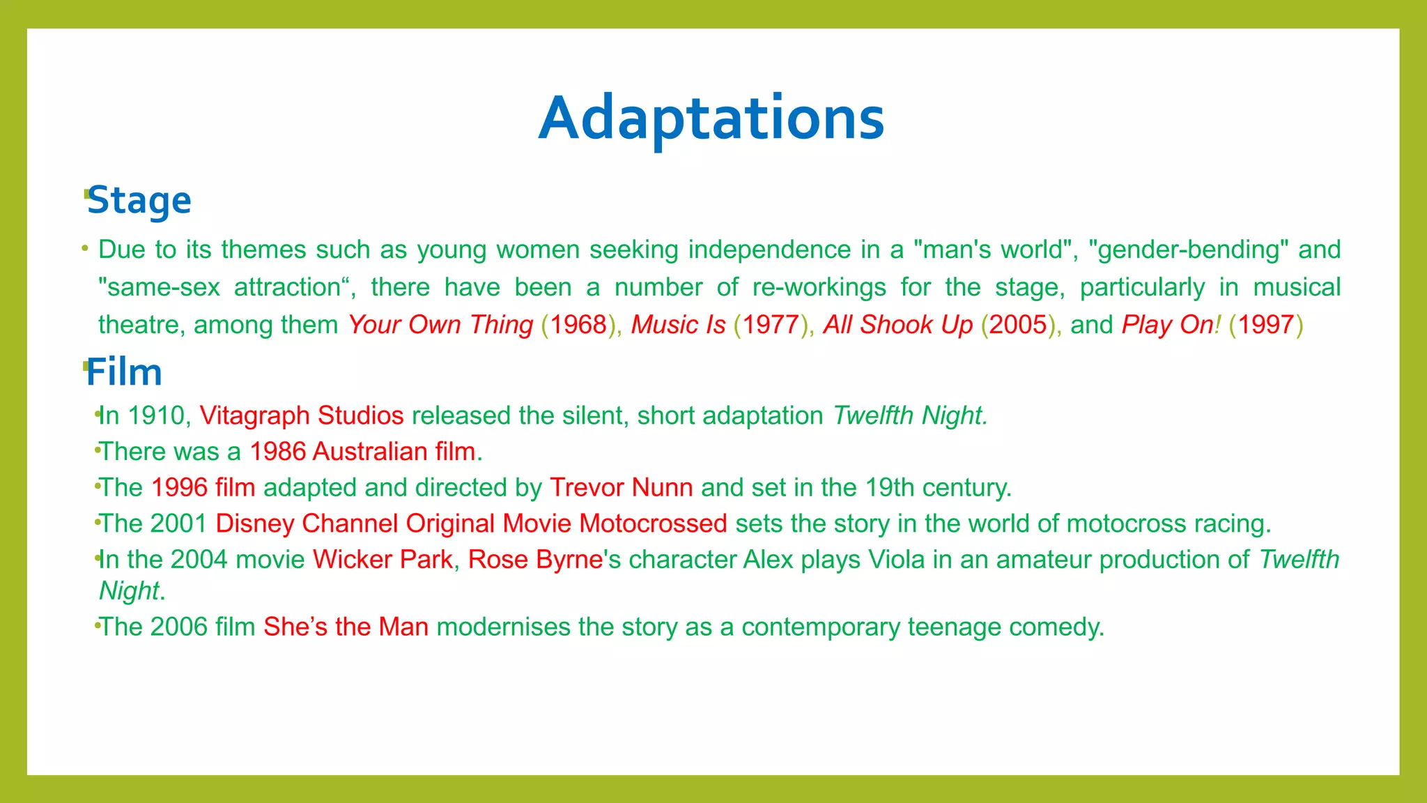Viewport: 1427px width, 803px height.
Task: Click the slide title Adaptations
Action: [x=711, y=118]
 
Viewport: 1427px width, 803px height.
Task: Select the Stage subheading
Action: [x=139, y=201]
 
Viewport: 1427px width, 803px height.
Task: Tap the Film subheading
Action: [x=124, y=372]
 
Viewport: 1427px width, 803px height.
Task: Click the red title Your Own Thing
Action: [x=440, y=325]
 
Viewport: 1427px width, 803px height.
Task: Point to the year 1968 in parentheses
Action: [x=578, y=325]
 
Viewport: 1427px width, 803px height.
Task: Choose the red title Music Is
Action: [x=678, y=325]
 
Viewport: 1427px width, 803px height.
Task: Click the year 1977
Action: [x=770, y=325]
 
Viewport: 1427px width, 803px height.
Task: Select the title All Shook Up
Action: [x=897, y=325]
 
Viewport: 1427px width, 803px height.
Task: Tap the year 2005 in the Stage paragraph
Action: [x=1018, y=325]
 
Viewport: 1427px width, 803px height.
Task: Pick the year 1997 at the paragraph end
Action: [x=1265, y=325]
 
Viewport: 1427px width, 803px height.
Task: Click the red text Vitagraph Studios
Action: [x=302, y=415]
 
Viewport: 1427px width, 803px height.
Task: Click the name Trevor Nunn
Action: [x=621, y=488]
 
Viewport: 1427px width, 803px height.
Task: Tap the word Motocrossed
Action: [x=653, y=523]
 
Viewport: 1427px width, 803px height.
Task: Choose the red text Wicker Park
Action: [x=383, y=560]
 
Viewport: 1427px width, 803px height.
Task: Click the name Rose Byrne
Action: [x=535, y=560]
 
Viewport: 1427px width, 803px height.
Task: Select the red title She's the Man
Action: [x=346, y=627]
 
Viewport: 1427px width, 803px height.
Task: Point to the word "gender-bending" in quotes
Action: [x=1189, y=250]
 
